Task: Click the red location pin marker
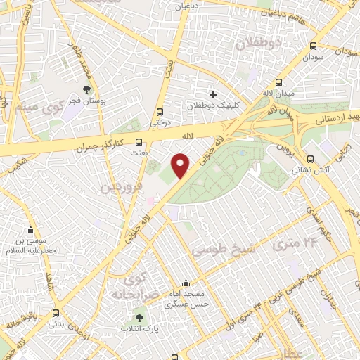click(x=181, y=166)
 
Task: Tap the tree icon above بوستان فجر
click(x=86, y=89)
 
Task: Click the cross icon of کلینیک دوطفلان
click(x=213, y=94)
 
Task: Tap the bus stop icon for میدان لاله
click(x=280, y=81)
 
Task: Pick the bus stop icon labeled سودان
click(x=312, y=45)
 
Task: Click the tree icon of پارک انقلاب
click(x=139, y=317)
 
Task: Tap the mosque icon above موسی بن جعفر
click(x=30, y=230)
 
